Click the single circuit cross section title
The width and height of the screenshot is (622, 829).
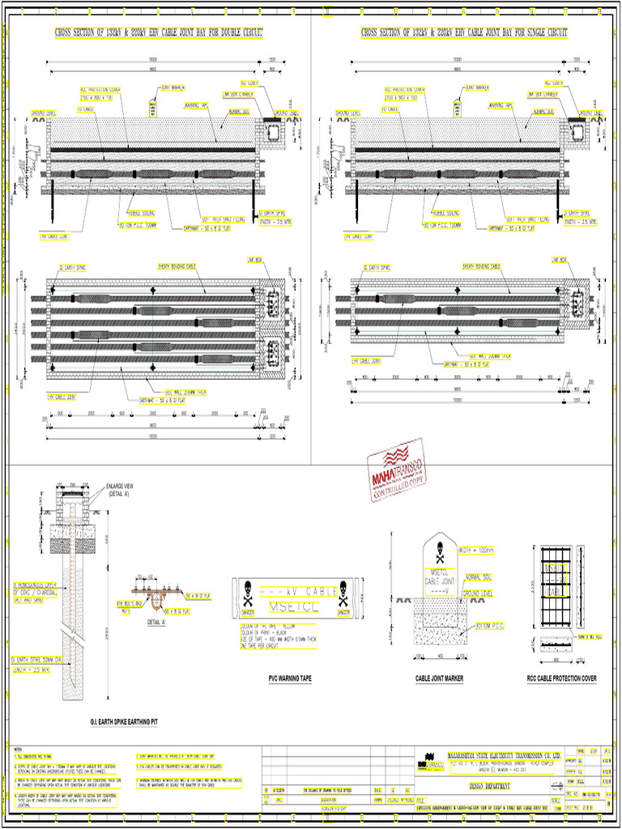tap(464, 33)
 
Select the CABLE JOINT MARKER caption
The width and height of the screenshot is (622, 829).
tap(439, 678)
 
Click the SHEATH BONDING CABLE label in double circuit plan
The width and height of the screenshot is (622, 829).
tap(177, 266)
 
